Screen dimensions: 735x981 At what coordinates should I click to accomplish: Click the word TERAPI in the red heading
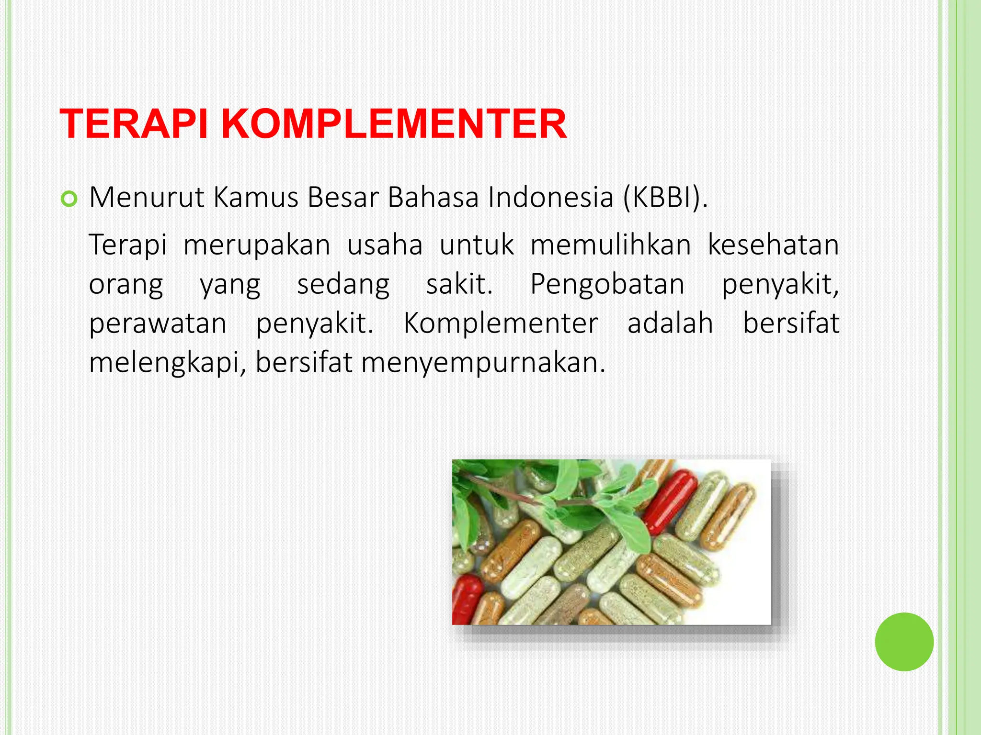coord(134,124)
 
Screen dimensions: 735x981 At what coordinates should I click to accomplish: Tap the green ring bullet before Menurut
coord(69,199)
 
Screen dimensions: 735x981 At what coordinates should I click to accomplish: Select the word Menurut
coord(147,197)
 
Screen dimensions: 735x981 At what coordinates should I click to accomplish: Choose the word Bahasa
coord(433,197)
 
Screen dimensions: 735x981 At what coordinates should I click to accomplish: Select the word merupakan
coord(257,246)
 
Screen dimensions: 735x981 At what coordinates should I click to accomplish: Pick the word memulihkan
coord(610,245)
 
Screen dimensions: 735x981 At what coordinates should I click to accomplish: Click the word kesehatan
coord(773,245)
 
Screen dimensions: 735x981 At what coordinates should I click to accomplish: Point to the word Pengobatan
coord(607,285)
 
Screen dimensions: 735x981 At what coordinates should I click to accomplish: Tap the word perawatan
coord(158,324)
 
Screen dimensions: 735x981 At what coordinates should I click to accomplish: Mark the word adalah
coord(670,323)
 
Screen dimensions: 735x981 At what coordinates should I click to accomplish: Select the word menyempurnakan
coord(483,364)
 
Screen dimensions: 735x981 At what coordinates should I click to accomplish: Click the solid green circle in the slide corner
coord(904,642)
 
